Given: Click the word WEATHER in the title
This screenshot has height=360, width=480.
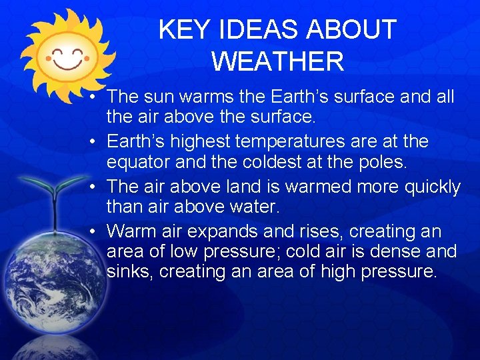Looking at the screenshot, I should [277, 61].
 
